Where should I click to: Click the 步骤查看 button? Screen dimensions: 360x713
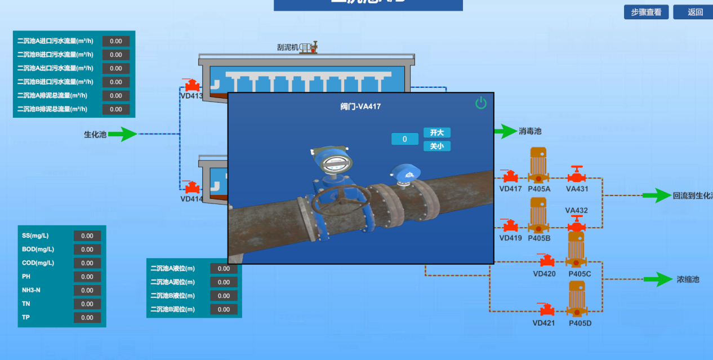pos(646,12)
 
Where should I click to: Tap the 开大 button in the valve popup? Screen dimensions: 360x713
pos(437,132)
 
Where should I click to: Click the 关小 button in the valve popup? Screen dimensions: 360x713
pos(437,146)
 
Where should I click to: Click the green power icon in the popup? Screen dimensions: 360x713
pos(480,103)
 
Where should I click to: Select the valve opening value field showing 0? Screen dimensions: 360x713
pos(404,139)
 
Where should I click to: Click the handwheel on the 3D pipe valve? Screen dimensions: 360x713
pos(340,198)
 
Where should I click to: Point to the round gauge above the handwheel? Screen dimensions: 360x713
pos(336,162)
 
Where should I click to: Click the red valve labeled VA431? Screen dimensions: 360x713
pos(576,175)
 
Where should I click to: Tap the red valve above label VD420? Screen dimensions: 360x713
pos(545,261)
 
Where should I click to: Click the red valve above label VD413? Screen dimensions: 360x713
pos(192,86)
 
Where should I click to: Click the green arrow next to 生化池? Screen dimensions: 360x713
pos(122,134)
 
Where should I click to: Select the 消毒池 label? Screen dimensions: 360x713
pos(529,131)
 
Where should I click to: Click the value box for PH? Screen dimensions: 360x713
pos(87,277)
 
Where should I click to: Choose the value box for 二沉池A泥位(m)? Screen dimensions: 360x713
pos(224,282)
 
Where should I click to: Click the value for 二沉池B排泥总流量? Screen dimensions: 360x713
pos(116,109)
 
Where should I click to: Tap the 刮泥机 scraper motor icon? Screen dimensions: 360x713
pos(309,48)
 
